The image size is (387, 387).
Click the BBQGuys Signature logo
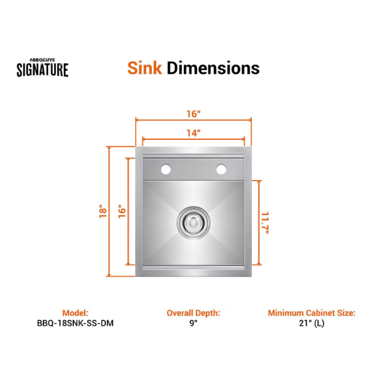point(43,67)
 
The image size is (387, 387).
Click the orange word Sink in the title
point(145,68)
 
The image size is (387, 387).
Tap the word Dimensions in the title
point(213,68)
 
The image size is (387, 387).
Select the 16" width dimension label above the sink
point(193,114)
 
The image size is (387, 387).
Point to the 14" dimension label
point(193,133)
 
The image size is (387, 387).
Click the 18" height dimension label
point(103,211)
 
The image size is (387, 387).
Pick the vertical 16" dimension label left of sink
point(122,211)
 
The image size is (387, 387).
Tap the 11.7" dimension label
point(265,222)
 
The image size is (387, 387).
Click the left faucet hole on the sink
point(166,169)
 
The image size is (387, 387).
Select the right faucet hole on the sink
point(221,169)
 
